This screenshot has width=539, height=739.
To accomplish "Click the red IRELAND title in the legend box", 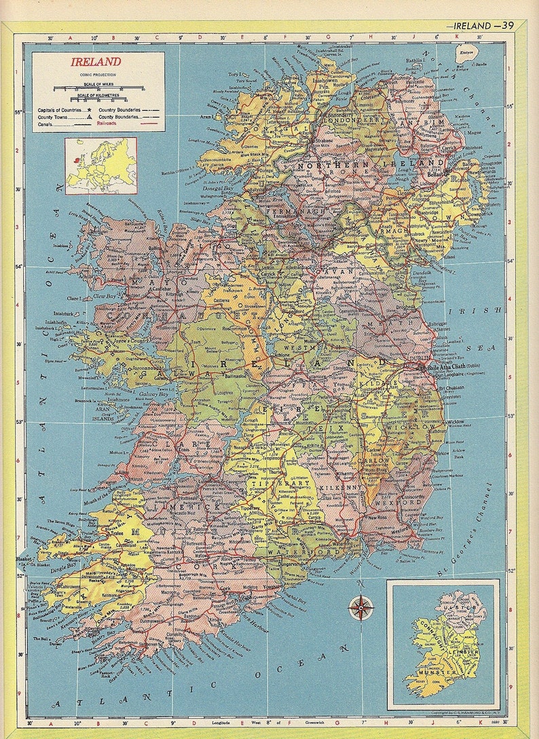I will (x=96, y=62).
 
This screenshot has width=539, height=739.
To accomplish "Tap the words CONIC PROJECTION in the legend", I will (x=96, y=73).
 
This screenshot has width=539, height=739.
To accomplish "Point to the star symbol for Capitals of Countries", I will (x=89, y=109).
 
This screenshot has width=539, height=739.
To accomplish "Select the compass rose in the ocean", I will (x=361, y=607).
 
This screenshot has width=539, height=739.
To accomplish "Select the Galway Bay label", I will (x=153, y=394).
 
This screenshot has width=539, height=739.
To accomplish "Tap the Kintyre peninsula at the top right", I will (x=467, y=52).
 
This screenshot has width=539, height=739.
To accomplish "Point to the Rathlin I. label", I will (x=414, y=60).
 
